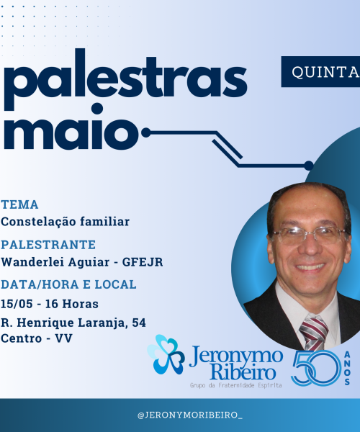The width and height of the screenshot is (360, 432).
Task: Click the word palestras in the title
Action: tap(125, 79)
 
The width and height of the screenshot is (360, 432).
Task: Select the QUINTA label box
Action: tap(320, 72)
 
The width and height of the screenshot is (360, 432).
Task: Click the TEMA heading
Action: tap(19, 204)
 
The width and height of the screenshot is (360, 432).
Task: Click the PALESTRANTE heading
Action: tap(48, 245)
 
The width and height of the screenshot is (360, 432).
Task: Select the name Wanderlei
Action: tap(32, 262)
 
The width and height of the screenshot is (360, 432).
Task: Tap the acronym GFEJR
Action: tap(143, 262)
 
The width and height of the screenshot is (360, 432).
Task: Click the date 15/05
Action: tap(17, 304)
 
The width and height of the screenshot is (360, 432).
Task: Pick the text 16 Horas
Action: tap(71, 304)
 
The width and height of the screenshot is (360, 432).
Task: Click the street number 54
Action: tap(139, 323)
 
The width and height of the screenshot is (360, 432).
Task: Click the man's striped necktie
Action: tap(313, 332)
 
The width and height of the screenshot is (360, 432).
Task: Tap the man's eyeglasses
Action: tap(310, 235)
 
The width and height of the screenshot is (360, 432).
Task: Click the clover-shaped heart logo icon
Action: tap(166, 355)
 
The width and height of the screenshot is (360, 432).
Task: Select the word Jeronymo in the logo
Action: tap(236, 356)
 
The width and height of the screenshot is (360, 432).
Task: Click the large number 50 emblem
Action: tap(316, 369)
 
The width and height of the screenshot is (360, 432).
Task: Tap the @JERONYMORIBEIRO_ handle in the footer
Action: tap(190, 415)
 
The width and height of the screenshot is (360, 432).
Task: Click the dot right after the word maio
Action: tap(146, 132)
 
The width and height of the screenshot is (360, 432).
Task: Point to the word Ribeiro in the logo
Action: tap(243, 372)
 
